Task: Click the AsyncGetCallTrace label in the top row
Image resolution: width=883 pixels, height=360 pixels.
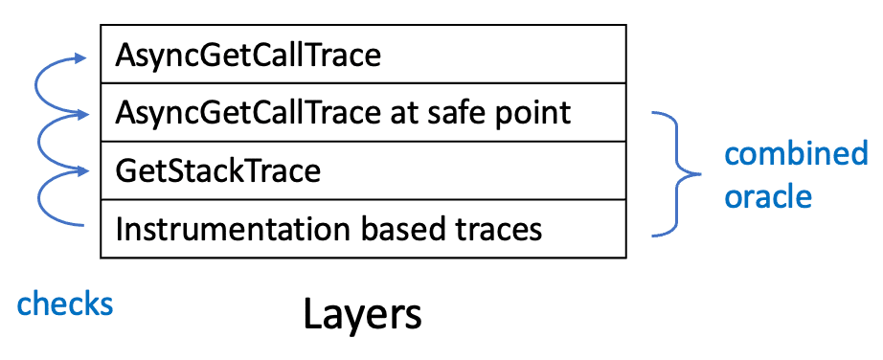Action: click(x=248, y=56)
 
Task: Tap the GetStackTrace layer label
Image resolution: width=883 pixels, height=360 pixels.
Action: click(x=218, y=170)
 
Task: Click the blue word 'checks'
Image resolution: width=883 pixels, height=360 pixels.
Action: click(x=65, y=304)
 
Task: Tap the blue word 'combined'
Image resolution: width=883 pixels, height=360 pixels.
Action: click(x=796, y=153)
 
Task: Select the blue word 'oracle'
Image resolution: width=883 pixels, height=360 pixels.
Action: click(x=767, y=196)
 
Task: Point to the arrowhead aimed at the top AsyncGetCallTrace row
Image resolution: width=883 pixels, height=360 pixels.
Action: click(x=81, y=56)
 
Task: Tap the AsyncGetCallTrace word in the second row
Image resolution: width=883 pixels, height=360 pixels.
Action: click(x=248, y=113)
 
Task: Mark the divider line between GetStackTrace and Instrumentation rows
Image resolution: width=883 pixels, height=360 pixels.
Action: click(x=363, y=199)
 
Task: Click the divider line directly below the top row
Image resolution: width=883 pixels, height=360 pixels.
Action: click(x=363, y=83)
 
